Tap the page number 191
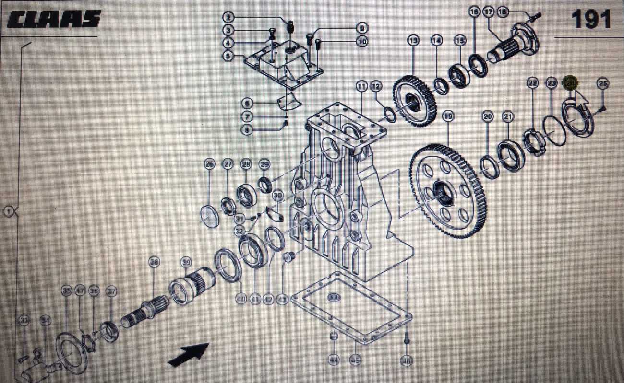tap(590, 20)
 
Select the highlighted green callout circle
tap(570, 83)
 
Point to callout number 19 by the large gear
tap(448, 116)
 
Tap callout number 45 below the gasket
tap(355, 360)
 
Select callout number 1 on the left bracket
tap(9, 211)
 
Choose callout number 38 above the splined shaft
tap(154, 262)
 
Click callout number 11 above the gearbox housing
tap(361, 86)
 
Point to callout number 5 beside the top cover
tap(228, 56)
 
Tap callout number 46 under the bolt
tap(406, 360)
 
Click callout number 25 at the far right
tap(603, 83)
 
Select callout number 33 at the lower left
tap(23, 320)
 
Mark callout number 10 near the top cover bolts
tap(362, 42)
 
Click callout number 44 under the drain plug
tap(333, 360)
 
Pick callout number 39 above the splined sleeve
tap(186, 262)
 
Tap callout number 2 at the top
tap(228, 18)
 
